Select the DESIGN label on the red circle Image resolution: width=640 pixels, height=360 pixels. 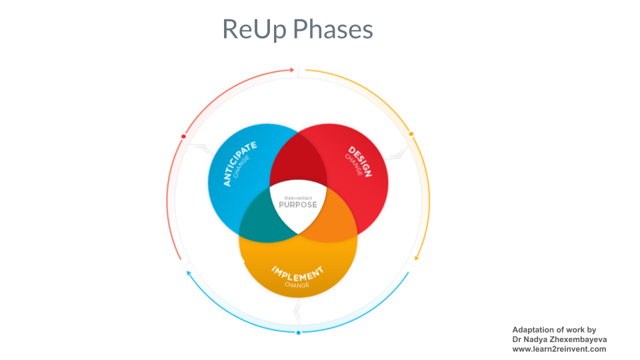[x=361, y=160]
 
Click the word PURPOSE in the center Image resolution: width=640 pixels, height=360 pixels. [x=298, y=205]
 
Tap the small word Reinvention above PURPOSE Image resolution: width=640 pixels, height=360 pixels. [x=298, y=198]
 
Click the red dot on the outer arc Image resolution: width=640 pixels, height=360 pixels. [x=183, y=137]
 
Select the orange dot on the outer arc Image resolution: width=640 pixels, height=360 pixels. [x=411, y=134]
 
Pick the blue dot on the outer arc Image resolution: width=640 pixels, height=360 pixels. [x=298, y=332]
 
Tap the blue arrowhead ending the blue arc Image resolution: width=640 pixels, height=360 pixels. [x=189, y=273]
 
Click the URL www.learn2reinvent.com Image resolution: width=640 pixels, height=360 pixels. [x=559, y=349]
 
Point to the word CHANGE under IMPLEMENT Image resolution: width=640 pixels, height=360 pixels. [x=297, y=285]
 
